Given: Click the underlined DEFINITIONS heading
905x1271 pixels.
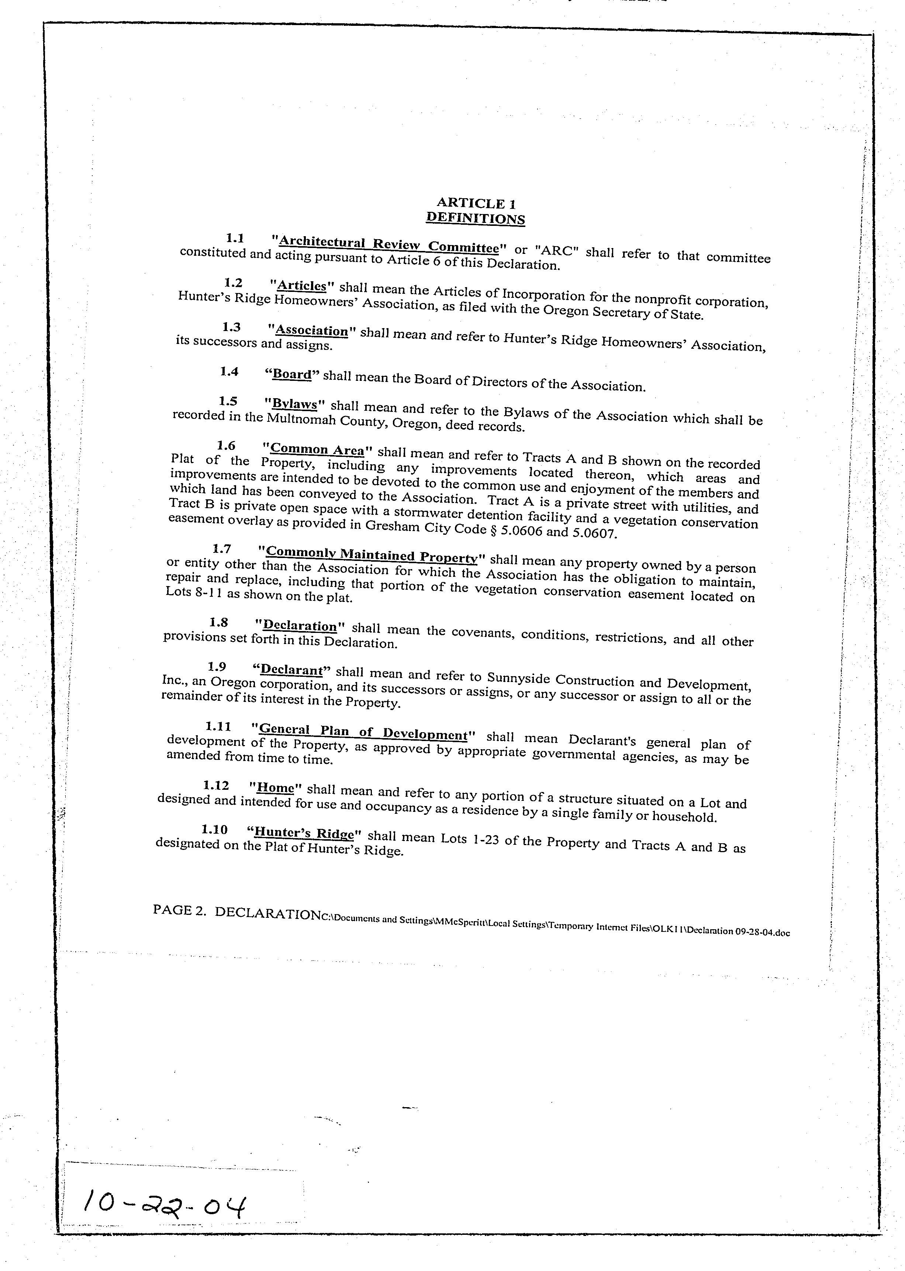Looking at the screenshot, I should point(475,218).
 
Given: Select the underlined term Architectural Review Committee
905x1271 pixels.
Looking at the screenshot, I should point(388,244).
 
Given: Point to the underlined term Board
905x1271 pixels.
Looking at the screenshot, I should point(292,374).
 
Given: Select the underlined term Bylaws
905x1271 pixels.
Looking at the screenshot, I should point(296,404).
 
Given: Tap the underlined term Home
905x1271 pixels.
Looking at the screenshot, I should point(276,787).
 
